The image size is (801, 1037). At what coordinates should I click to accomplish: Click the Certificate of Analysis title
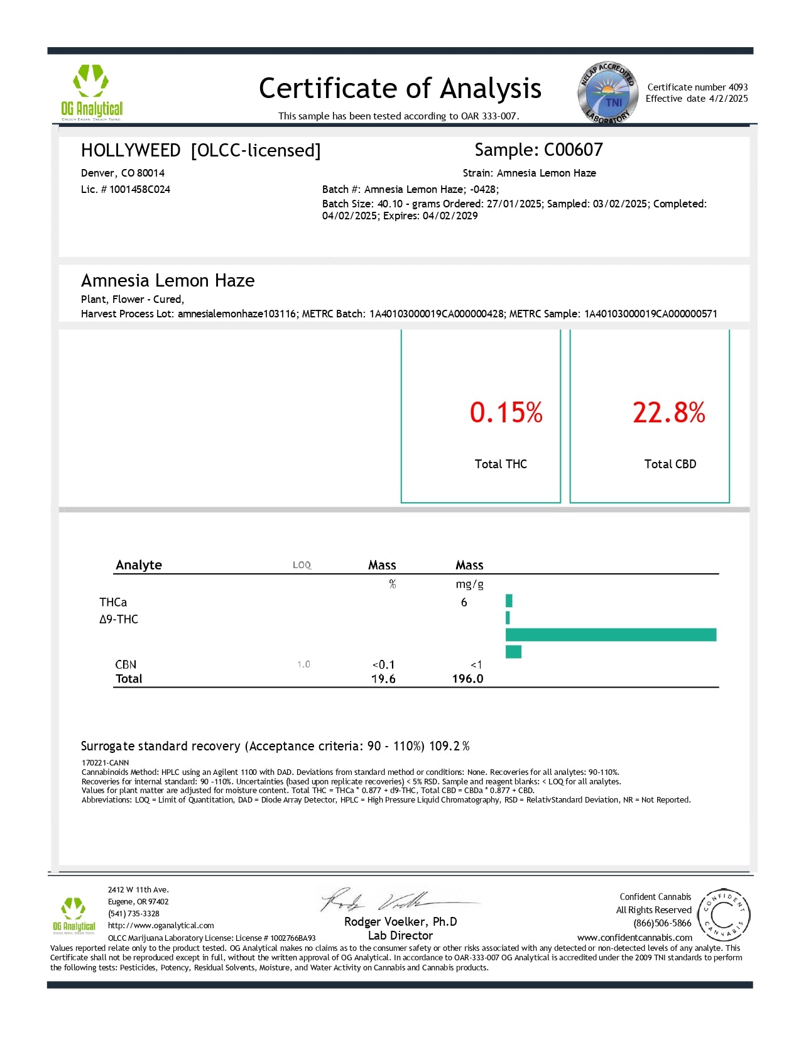400,89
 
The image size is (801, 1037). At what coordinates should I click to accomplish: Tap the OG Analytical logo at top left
92,92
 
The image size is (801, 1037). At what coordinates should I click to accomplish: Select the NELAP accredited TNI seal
608,94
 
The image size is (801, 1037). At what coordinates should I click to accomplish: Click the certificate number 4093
738,87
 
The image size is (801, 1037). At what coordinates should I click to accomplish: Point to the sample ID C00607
573,150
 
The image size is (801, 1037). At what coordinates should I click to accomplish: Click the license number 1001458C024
139,189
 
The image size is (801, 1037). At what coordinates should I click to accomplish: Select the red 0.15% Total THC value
506,412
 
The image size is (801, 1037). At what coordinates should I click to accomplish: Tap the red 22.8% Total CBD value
668,412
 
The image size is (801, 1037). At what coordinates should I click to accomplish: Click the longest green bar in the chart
611,635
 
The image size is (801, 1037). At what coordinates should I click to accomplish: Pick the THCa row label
113,602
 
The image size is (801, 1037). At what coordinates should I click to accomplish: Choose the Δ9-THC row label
119,619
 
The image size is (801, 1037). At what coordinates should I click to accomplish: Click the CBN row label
126,664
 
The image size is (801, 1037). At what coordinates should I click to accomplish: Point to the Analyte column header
139,565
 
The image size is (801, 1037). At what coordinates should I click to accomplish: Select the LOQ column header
302,565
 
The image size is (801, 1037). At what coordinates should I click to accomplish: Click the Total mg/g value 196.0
467,679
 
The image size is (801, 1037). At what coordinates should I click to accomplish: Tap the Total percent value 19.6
383,679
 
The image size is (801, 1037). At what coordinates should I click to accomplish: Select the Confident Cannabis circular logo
723,915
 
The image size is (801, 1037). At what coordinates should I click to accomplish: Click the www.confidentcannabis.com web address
635,937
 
